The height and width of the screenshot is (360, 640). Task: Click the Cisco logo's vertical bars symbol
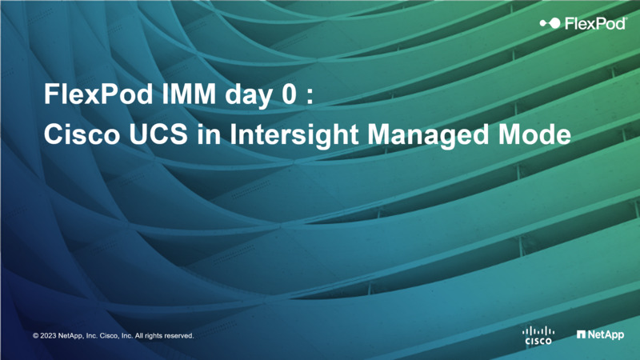coord(538,330)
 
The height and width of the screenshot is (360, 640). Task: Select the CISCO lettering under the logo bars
coord(538,341)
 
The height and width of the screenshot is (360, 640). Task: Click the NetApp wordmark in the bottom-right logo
coord(606,335)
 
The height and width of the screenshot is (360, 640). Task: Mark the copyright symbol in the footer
coord(36,336)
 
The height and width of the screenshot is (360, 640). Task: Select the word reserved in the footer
coord(178,336)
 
